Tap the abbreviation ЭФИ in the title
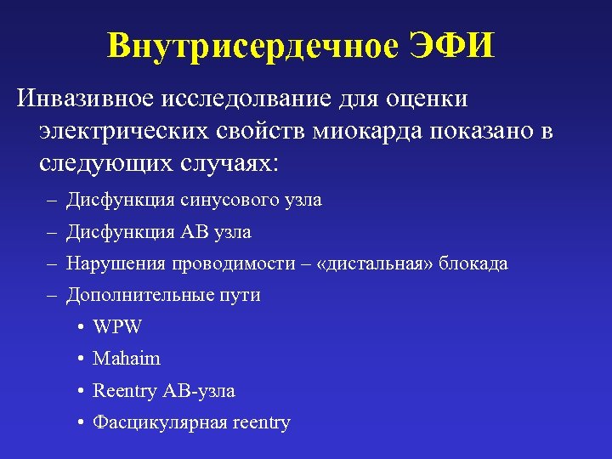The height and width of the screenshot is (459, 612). coord(450,47)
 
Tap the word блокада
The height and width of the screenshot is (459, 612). coord(475,263)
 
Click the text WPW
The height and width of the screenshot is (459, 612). coord(117,327)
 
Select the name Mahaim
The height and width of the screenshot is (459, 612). coord(127,359)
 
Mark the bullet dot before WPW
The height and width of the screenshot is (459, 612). coord(79,327)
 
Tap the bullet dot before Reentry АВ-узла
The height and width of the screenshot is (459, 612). coord(79,391)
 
